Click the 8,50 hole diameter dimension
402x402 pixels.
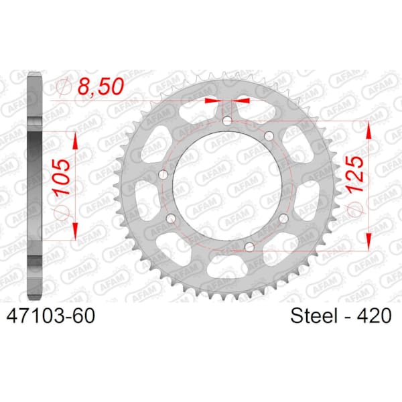pos(100,86)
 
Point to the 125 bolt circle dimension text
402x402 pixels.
pos(355,174)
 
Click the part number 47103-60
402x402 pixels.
pos(51,316)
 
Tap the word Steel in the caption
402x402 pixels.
pos(314,316)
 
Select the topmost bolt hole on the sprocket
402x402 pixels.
pos(227,121)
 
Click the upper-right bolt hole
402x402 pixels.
pos(269,136)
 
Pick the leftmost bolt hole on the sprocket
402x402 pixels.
pos(163,175)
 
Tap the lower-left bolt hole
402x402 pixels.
pos(171,218)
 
